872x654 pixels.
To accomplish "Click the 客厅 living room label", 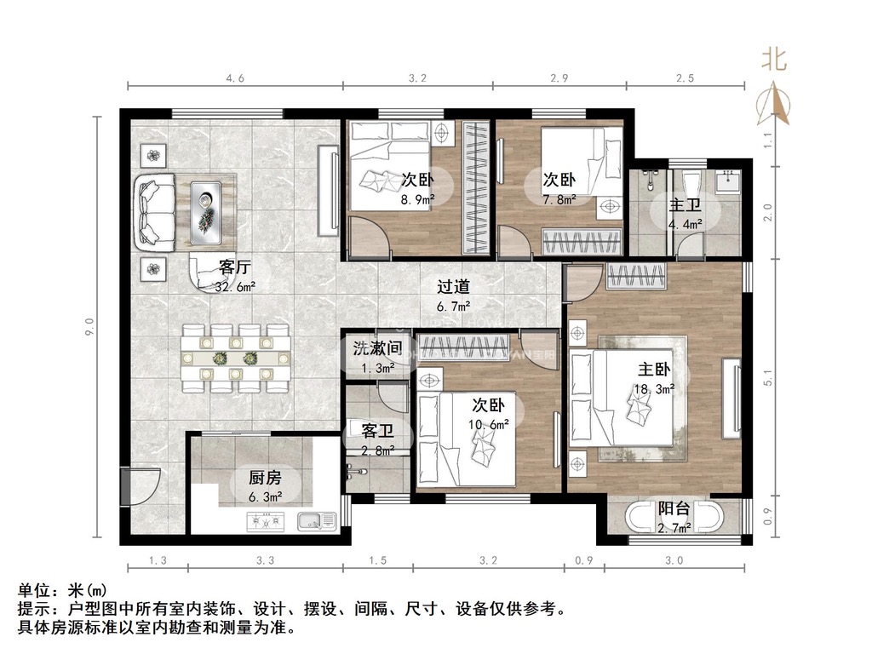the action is (x=235, y=267).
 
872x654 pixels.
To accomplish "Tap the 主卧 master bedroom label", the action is (x=654, y=370).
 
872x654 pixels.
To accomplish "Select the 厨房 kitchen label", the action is (x=265, y=478).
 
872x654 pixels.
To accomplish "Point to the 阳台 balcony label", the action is (x=674, y=508).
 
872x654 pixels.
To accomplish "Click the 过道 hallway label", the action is (x=453, y=287).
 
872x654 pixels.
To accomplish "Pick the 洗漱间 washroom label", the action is (x=377, y=348).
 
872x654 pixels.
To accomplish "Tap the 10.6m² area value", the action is (x=488, y=425).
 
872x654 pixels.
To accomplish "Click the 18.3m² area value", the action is (x=655, y=389).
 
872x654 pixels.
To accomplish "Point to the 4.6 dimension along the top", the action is (x=235, y=78).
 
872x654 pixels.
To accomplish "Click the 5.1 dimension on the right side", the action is (x=768, y=378).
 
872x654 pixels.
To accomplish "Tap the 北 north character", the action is (x=773, y=59).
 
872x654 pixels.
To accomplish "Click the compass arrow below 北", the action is (x=773, y=103).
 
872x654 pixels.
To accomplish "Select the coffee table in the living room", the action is (x=206, y=212).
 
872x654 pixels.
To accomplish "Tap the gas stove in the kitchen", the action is (x=266, y=522).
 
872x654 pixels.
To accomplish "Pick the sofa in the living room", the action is (x=155, y=213).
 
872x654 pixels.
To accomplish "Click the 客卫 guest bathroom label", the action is (x=377, y=430).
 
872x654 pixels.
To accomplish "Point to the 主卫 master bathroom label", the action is (x=686, y=204).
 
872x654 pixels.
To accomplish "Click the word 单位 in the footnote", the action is (x=34, y=591).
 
